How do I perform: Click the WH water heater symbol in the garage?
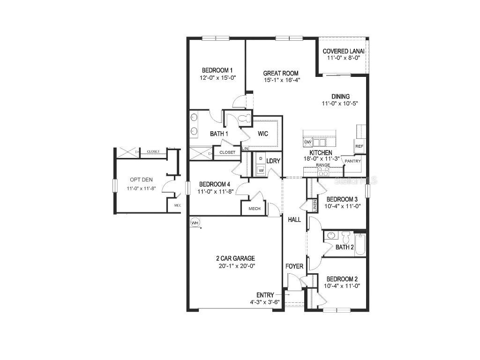[x=195, y=222]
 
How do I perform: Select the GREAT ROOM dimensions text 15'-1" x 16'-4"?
[x=281, y=80]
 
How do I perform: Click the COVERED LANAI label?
[x=344, y=51]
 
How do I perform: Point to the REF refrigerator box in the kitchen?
[x=360, y=146]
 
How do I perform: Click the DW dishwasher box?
[x=308, y=142]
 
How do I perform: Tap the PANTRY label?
[x=352, y=161]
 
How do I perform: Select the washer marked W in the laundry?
[x=261, y=171]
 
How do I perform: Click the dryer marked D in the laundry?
[x=261, y=158]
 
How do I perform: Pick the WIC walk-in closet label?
[x=263, y=134]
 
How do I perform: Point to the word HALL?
[x=294, y=219]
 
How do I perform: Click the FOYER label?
[x=294, y=266]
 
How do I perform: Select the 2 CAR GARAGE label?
[x=235, y=258]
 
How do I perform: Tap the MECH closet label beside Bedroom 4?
[x=255, y=209]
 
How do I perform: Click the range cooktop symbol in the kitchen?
[x=323, y=172]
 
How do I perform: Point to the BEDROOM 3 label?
[x=342, y=199]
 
